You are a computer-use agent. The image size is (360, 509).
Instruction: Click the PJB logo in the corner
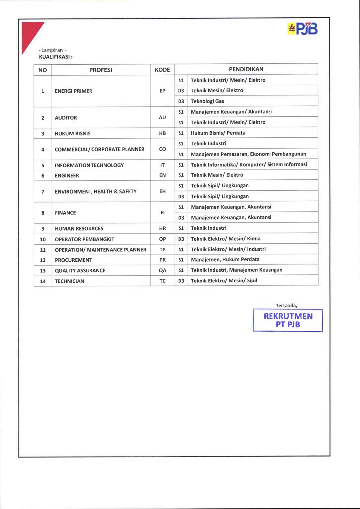pos(302,30)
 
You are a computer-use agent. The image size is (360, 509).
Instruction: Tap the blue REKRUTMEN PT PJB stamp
pos(288,321)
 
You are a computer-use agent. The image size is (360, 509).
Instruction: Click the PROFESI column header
pos(101,70)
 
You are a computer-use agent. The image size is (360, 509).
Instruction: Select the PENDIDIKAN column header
pos(246,69)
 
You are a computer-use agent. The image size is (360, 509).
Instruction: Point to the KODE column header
pos(162,70)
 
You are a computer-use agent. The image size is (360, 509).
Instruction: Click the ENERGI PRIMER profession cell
pos(74,91)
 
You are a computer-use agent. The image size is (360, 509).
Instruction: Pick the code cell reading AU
pos(162,117)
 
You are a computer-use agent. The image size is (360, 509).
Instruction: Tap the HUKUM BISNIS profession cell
pos(73,133)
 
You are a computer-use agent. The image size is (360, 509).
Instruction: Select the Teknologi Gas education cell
pos(207,101)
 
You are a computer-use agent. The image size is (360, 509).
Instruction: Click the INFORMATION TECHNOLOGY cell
pos(90,165)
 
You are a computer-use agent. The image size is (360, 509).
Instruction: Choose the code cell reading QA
pos(162,270)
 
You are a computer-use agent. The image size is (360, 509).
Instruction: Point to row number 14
pos(43,281)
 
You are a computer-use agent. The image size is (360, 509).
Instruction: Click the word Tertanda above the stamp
pos(286,305)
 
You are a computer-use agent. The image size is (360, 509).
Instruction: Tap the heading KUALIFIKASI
pos(56,57)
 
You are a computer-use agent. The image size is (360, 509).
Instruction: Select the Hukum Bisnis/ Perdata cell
pos(218,133)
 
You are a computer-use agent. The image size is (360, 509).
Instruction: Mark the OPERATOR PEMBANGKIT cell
pos(85,239)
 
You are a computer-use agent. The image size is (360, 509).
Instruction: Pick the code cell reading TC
pos(162,281)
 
